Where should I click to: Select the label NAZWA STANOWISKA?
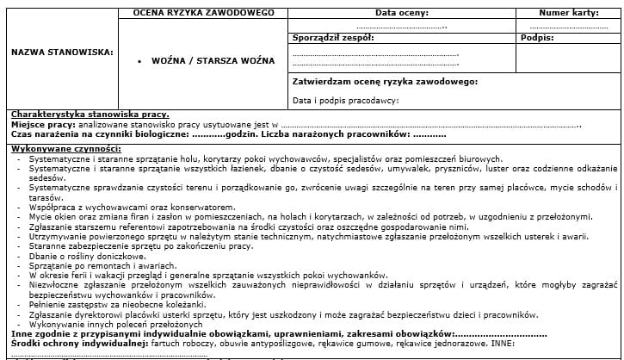pyautogui.click(x=61, y=52)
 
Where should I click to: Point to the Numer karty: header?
pyautogui.click(x=568, y=14)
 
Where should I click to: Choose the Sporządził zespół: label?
pyautogui.click(x=333, y=39)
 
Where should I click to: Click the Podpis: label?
pyautogui.click(x=537, y=39)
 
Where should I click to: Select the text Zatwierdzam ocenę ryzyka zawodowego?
pyautogui.click(x=385, y=82)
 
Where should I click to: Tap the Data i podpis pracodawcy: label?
pyautogui.click(x=345, y=101)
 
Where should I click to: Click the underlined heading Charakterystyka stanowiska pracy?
pyautogui.click(x=90, y=115)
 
